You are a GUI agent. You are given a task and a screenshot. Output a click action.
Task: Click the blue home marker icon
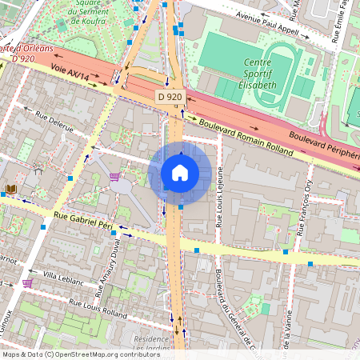coord(180,173)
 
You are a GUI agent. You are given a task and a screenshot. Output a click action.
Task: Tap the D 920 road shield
coord(170,96)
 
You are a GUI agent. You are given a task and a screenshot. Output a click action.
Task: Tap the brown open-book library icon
coord(11,190)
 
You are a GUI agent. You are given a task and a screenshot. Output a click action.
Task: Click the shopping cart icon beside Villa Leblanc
coord(28,282)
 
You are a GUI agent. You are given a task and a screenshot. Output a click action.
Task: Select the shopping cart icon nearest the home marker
coord(115,176)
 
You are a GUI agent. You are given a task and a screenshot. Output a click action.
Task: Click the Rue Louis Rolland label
coord(98,309)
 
